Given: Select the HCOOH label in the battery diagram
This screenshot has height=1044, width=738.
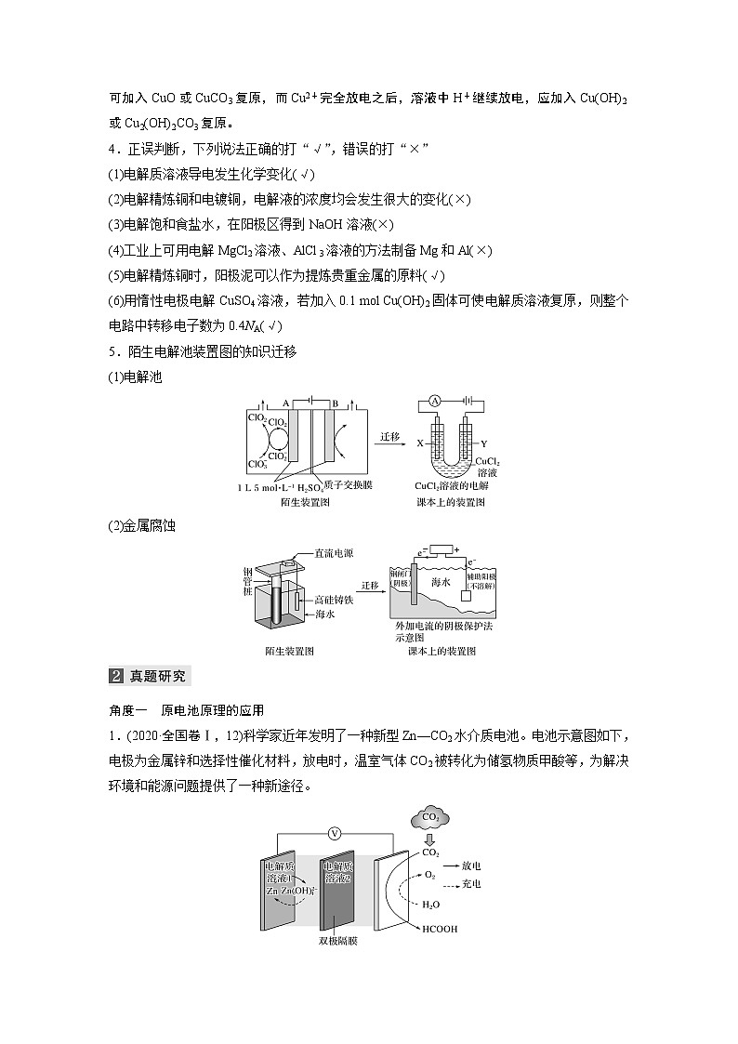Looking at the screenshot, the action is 442,929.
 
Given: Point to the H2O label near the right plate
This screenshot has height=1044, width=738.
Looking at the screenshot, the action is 431,904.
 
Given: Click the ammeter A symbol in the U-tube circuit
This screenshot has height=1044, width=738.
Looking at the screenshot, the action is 434,402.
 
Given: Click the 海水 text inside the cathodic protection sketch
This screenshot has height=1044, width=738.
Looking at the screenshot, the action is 441,583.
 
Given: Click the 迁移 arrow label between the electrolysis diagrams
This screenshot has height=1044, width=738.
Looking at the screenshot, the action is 389,434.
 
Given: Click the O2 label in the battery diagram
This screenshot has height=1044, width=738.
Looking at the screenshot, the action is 429,876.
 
